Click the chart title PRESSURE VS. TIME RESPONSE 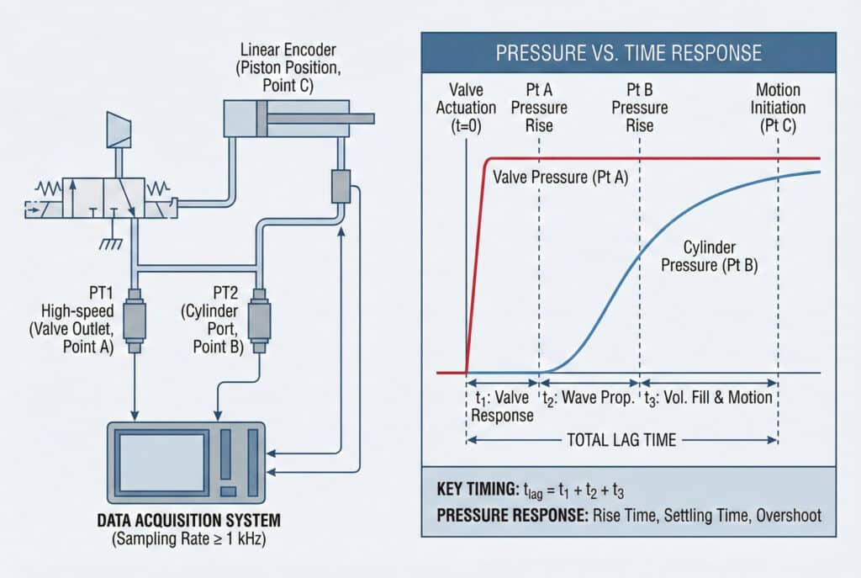[x=628, y=54]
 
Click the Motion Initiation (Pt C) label [x=779, y=108]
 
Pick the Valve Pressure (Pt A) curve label [x=560, y=178]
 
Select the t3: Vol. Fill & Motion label [x=708, y=397]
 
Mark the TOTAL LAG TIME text [x=623, y=438]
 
